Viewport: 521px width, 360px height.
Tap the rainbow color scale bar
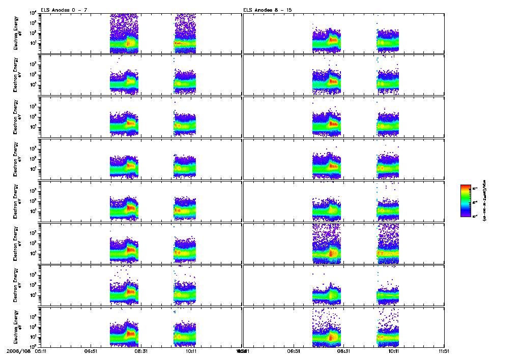466,200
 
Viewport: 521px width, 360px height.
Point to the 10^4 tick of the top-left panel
32,13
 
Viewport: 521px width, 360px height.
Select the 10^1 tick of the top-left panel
32,43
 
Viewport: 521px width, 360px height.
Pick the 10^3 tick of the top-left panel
32,23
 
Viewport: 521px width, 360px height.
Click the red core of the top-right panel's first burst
334,40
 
